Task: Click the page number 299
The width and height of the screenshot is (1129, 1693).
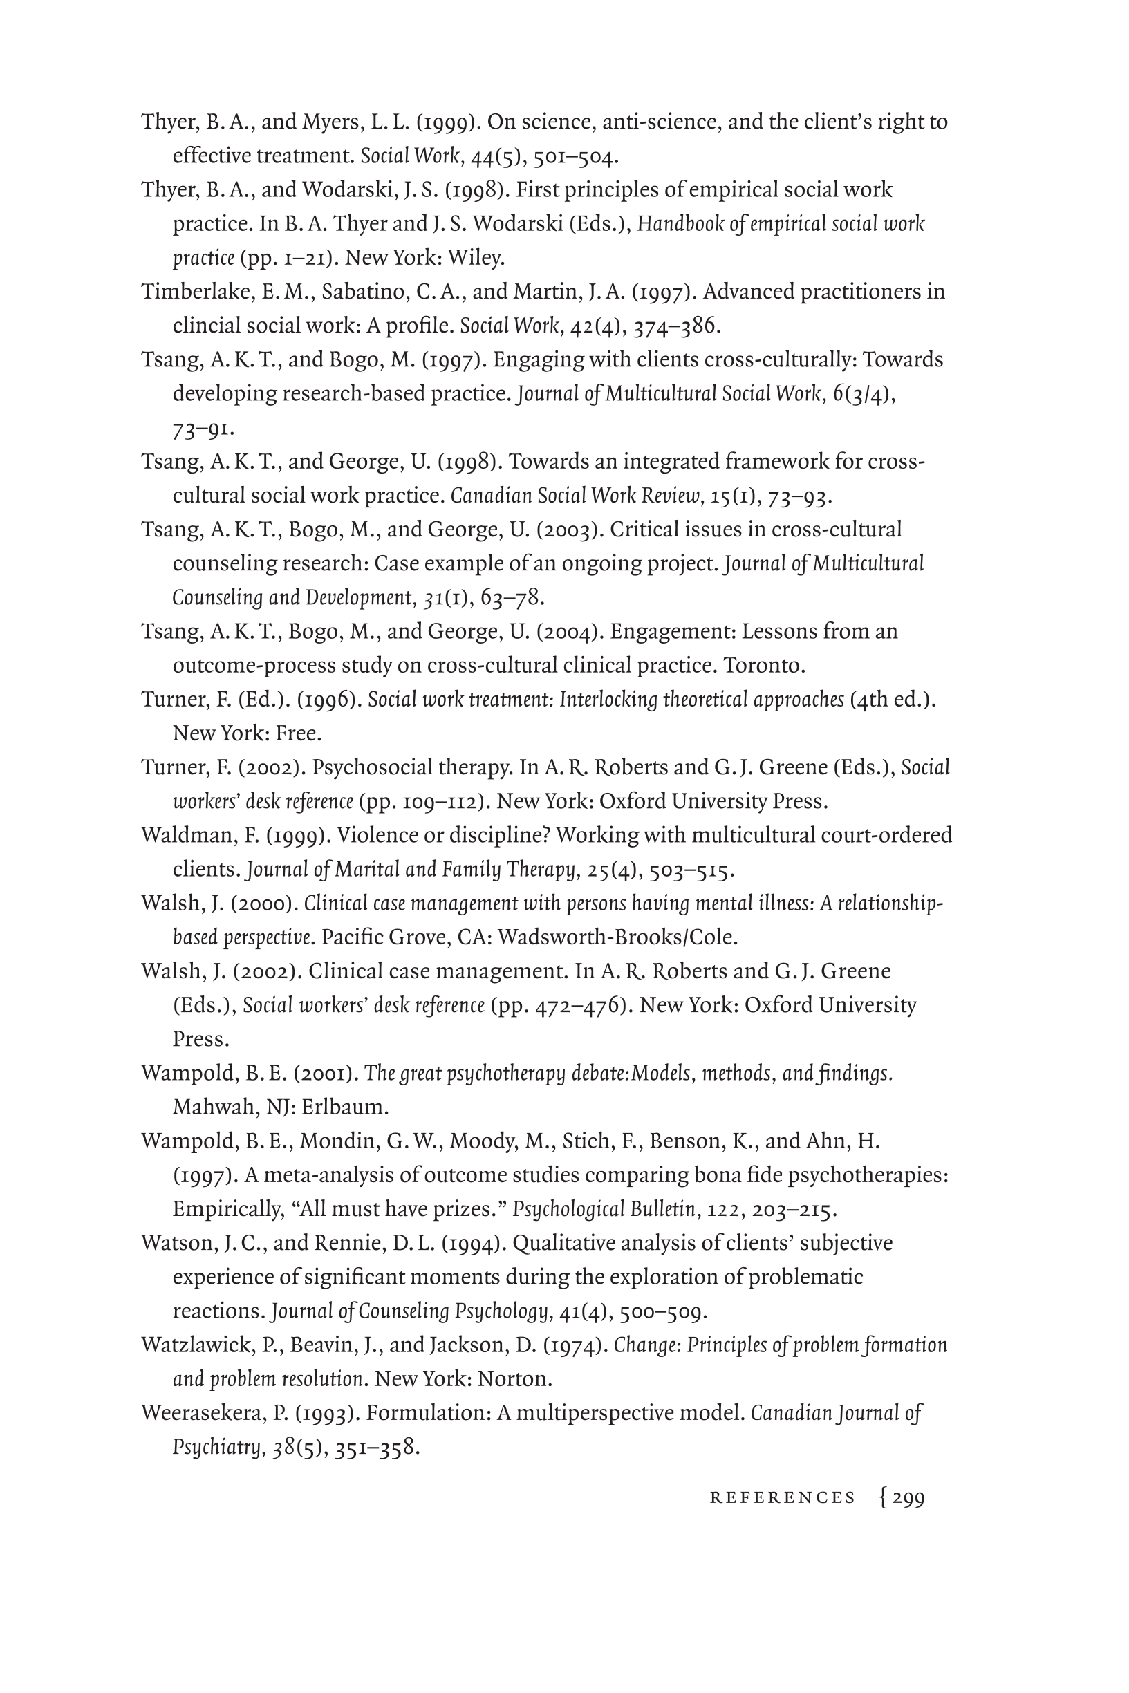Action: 908,1498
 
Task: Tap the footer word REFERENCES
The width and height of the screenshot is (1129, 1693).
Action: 783,1498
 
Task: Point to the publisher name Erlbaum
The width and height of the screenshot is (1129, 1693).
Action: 345,1106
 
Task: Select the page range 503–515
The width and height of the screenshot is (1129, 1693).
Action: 691,870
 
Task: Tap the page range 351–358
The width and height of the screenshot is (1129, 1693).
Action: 377,1447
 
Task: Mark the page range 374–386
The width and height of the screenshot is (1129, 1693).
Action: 676,326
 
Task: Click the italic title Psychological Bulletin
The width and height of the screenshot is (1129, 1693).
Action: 604,1208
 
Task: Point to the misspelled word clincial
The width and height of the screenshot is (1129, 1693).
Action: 207,326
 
